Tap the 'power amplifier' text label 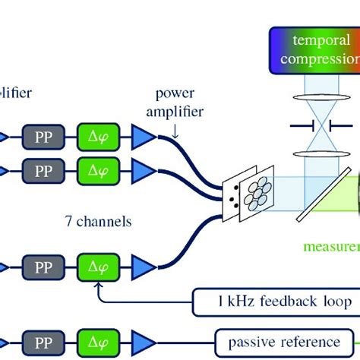click(179, 102)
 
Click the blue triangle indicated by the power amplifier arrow click(142, 137)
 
